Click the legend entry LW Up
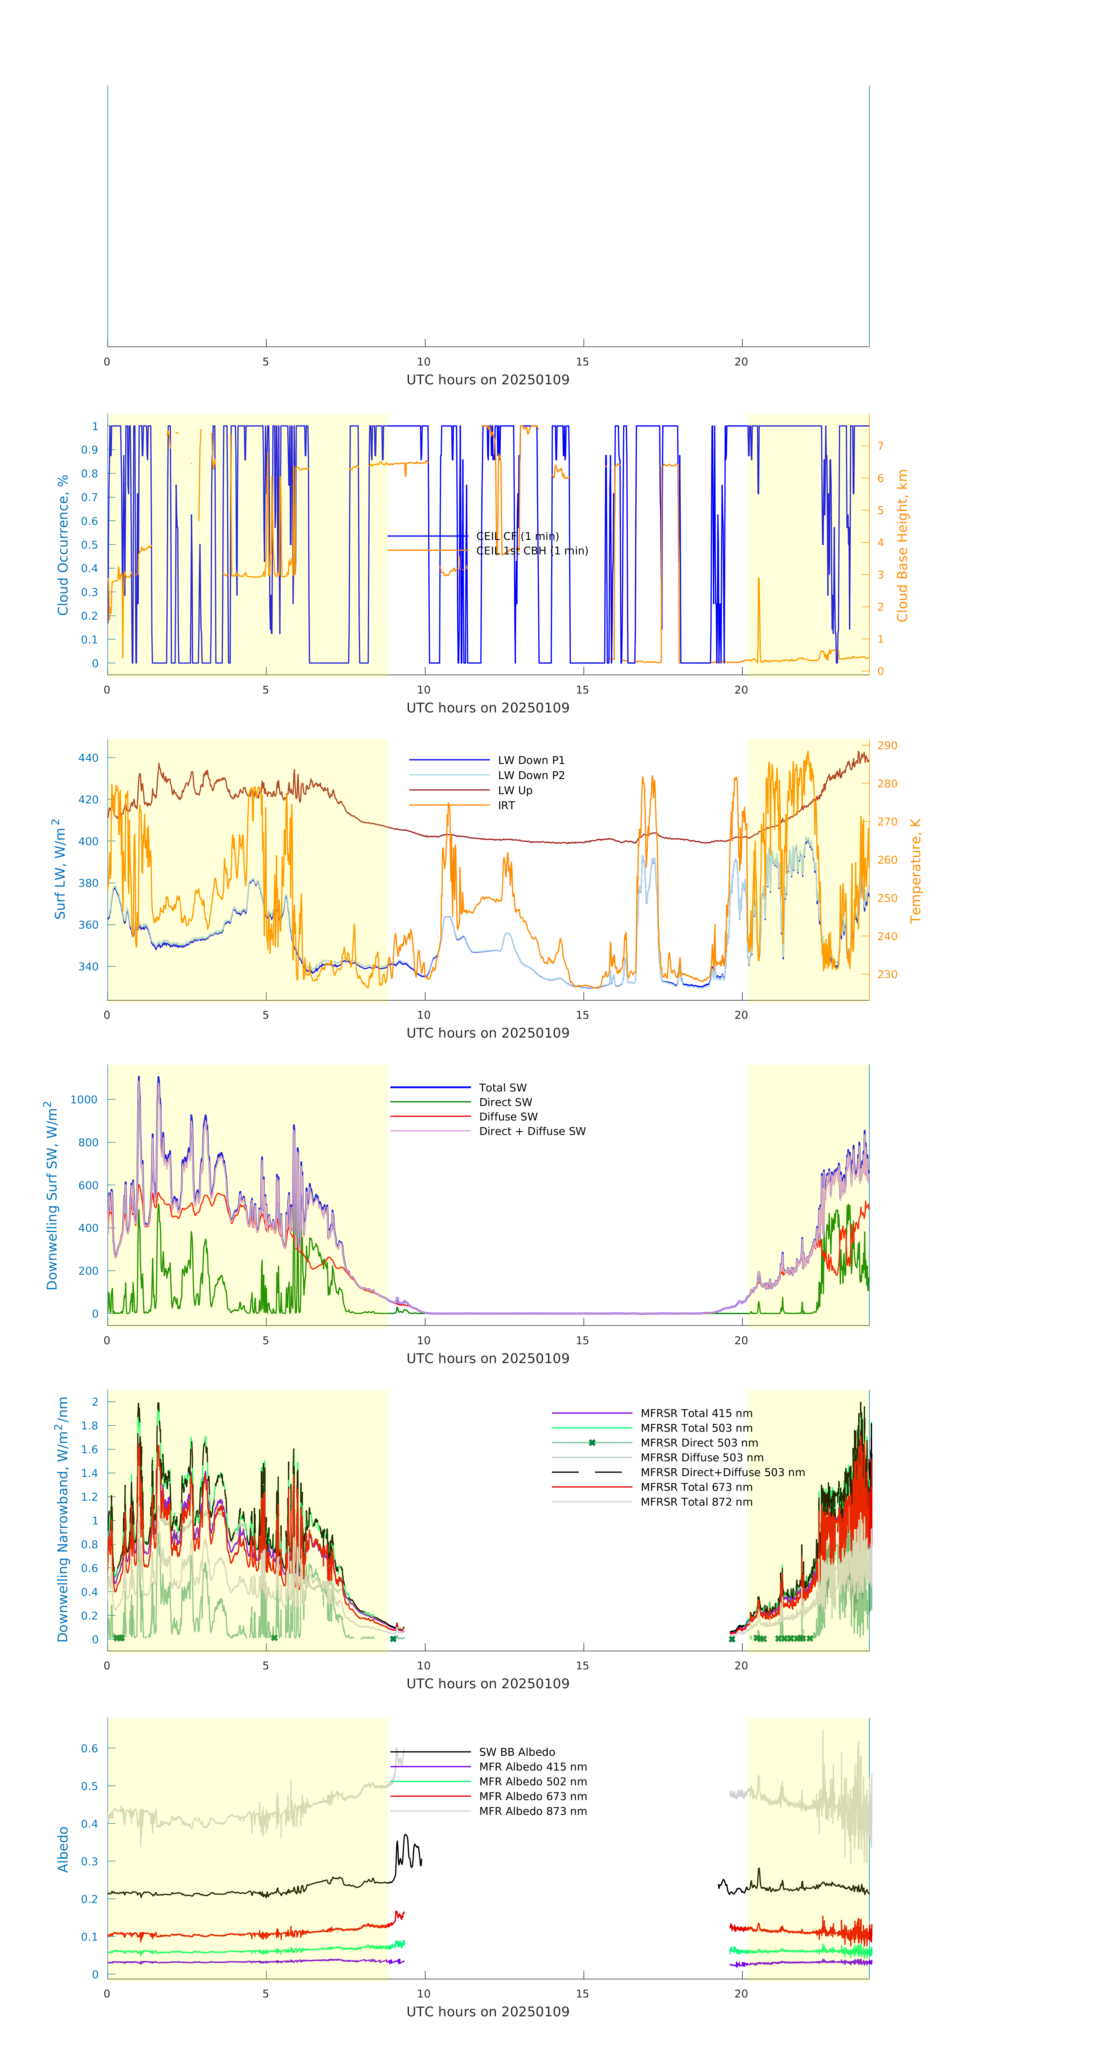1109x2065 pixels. (x=515, y=790)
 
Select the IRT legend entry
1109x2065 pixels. (x=506, y=806)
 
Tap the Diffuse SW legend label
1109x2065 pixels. (x=508, y=1117)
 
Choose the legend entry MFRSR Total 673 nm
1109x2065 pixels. (x=696, y=1487)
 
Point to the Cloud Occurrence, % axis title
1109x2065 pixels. (x=63, y=545)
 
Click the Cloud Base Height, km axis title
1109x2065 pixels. (x=902, y=545)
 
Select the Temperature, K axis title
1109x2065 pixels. (x=915, y=871)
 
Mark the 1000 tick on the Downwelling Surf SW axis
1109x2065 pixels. (x=84, y=1100)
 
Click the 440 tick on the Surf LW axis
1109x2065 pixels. (x=88, y=758)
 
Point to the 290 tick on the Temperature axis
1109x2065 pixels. (x=887, y=745)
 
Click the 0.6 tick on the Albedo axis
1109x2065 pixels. (x=89, y=1748)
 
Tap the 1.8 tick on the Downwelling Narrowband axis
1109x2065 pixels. (x=89, y=1425)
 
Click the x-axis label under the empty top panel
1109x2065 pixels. (x=488, y=380)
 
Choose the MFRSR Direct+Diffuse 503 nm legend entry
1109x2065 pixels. (x=722, y=1473)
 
